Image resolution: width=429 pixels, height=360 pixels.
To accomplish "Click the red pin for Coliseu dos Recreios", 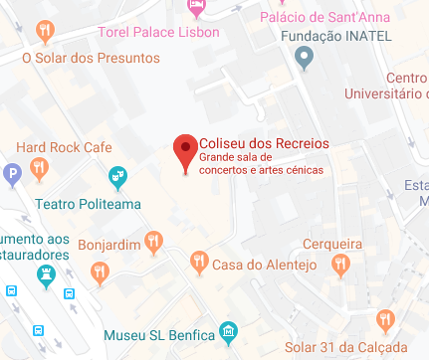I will point(185,152).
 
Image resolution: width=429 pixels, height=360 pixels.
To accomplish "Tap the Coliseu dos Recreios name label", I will point(264,142).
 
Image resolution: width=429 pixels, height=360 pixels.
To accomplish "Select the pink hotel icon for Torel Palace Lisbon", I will point(196,9).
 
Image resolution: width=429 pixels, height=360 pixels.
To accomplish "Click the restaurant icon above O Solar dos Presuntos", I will point(45,33).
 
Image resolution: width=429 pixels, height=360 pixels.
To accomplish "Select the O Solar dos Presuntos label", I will point(91,58).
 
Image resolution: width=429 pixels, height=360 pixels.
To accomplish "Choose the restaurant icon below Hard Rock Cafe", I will point(39,169).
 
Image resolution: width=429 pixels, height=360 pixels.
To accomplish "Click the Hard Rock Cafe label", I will point(64,147).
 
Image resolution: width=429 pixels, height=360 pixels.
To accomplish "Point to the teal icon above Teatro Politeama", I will point(117,180).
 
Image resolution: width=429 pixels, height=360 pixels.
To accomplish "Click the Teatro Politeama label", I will point(88,205).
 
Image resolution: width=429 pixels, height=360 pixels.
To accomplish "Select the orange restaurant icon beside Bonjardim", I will point(153,241).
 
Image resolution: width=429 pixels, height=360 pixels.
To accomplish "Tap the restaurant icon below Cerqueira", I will point(342,264).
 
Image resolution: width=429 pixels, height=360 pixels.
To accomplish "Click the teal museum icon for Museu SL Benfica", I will point(229,330).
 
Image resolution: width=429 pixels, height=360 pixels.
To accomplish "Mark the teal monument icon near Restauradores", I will point(44,273).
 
